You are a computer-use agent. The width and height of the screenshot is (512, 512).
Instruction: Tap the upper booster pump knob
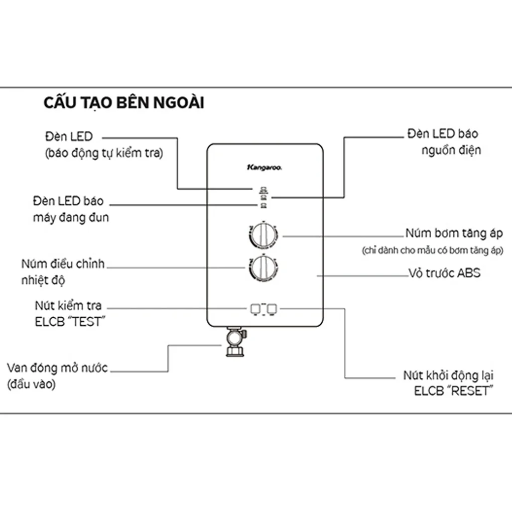(263, 235)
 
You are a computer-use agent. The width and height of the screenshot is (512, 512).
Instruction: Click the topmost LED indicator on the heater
(264, 189)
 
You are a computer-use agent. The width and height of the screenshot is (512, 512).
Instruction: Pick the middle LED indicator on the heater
(264, 197)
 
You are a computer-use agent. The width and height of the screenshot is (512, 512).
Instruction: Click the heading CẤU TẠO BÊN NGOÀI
(123, 103)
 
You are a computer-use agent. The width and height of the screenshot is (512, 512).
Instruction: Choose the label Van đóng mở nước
(58, 368)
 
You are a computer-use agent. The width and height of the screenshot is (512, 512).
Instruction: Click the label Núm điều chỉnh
(63, 264)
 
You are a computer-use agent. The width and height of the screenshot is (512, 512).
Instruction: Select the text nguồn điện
(451, 150)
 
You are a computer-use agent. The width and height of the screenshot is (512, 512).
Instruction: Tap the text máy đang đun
(70, 218)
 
